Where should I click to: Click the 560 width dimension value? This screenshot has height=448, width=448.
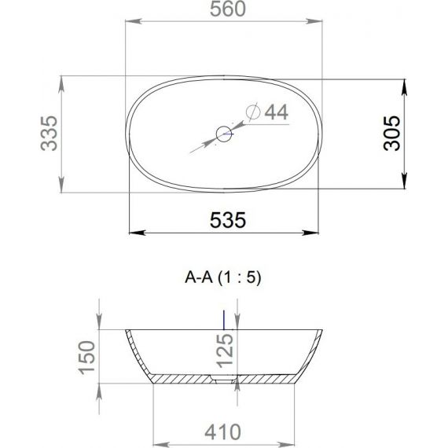pos(228,9)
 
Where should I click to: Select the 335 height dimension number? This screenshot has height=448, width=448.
pos(50,133)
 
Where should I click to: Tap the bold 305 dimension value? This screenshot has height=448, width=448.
pos(391,133)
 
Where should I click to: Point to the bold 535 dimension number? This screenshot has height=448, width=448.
pos(228,220)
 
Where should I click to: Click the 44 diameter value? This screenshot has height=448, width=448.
pos(277,112)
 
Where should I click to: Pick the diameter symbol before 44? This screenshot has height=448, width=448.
pos(253,112)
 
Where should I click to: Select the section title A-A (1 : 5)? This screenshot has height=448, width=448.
pos(223,277)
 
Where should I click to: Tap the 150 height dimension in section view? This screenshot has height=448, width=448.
pos(87,358)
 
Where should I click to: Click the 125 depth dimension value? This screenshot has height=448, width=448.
pos(225,351)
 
